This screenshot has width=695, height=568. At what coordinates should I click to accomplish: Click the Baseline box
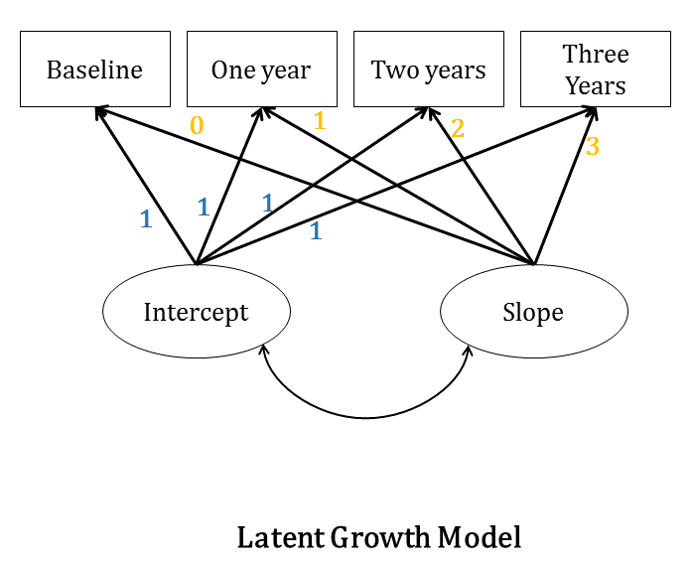pyautogui.click(x=95, y=70)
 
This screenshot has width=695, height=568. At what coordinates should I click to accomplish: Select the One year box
pyautogui.click(x=261, y=70)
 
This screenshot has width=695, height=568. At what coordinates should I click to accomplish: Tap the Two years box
pyautogui.click(x=429, y=70)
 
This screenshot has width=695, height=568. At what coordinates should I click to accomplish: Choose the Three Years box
pyautogui.click(x=596, y=70)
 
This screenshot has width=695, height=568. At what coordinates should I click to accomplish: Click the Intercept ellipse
pyautogui.click(x=197, y=312)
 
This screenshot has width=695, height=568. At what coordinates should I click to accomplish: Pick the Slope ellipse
pyautogui.click(x=533, y=312)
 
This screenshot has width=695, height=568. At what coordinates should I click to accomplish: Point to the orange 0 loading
pyautogui.click(x=197, y=126)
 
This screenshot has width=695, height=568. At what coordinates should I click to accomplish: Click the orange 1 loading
pyautogui.click(x=319, y=121)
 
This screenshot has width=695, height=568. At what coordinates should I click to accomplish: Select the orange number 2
pyautogui.click(x=458, y=128)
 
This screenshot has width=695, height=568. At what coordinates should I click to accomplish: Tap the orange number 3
pyautogui.click(x=593, y=147)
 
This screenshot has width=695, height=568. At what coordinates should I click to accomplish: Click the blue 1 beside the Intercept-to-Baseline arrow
pyautogui.click(x=146, y=219)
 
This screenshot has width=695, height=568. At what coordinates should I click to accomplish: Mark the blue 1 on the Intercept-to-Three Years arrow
pyautogui.click(x=316, y=231)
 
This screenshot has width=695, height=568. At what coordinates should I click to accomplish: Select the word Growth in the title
pyautogui.click(x=379, y=538)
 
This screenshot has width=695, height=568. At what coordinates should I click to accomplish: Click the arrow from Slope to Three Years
pyautogui.click(x=567, y=185)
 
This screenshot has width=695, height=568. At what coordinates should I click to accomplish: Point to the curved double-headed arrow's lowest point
pyautogui.click(x=365, y=417)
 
